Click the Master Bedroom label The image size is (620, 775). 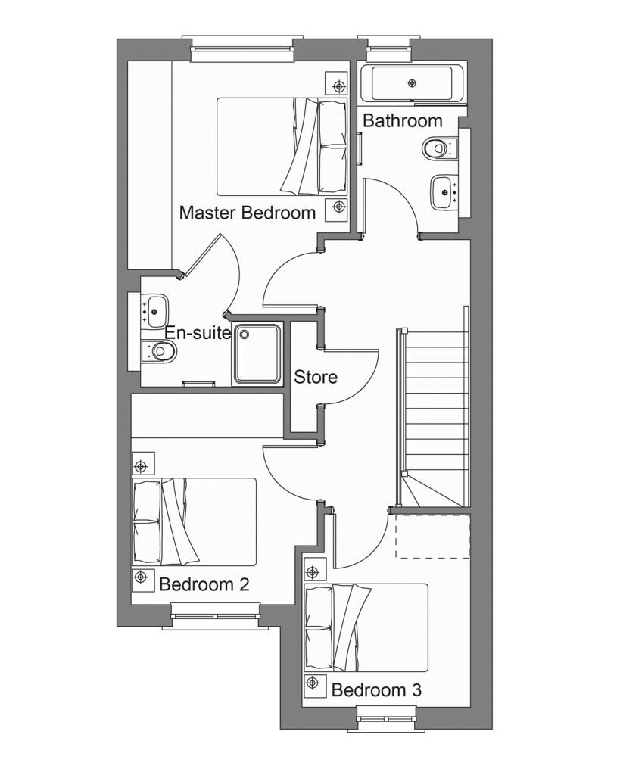click(x=247, y=213)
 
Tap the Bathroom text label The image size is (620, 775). click(x=402, y=120)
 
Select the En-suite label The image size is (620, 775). click(x=198, y=332)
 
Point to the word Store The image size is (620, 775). click(x=316, y=377)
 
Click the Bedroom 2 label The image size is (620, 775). click(x=204, y=584)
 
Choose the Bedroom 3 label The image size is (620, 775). click(x=376, y=690)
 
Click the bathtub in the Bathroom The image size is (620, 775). click(x=412, y=83)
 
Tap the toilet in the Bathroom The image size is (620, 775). click(x=438, y=148)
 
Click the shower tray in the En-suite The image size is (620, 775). click(x=257, y=353)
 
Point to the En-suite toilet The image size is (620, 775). click(x=160, y=350)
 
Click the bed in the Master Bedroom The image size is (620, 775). click(x=282, y=147)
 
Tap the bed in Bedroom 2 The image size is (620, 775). click(x=195, y=521)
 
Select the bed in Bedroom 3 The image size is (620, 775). click(x=366, y=627)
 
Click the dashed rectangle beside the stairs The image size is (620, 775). click(x=433, y=536)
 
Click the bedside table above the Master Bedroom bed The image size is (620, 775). click(x=336, y=82)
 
